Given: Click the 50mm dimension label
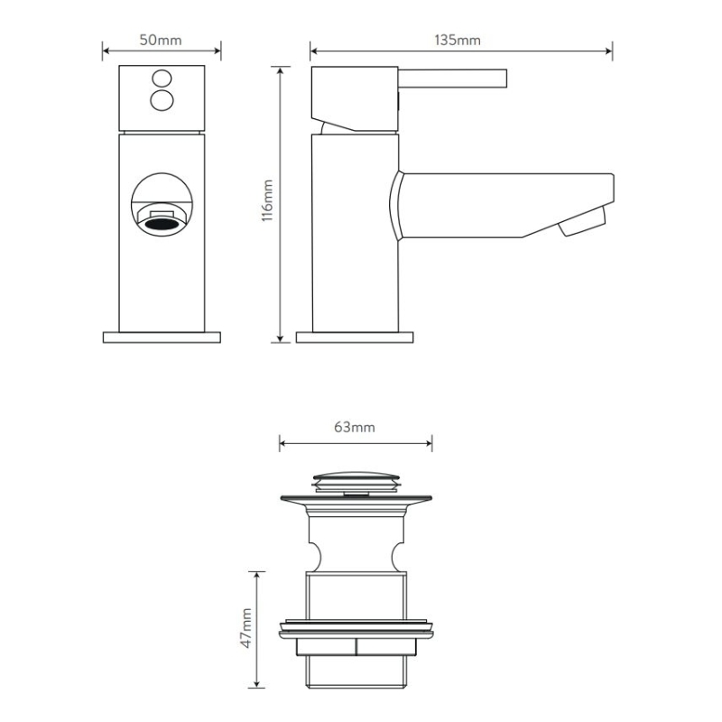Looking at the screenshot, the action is click(161, 40).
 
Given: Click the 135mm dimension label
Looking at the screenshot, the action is click(458, 40).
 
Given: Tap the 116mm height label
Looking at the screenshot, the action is click(267, 200).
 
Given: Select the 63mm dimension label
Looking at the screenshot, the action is click(355, 427).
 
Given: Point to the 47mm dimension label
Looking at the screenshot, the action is click(246, 628).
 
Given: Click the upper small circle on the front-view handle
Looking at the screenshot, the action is click(162, 78).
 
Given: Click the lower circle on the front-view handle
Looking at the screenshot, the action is click(162, 100).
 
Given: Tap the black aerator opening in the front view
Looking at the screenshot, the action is click(162, 225).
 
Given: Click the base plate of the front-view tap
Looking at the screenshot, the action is click(162, 338).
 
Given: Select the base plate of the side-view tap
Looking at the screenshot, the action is click(355, 338).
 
